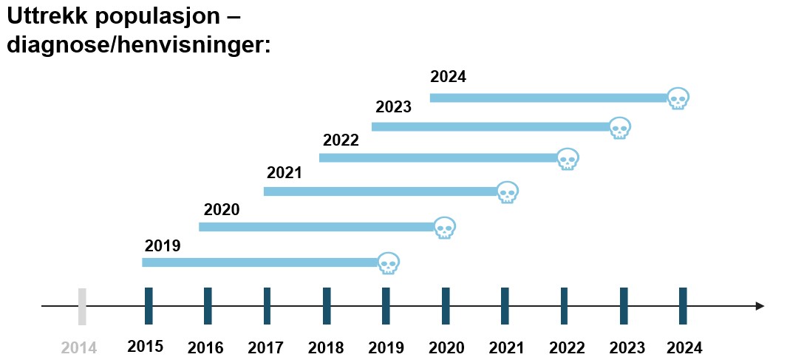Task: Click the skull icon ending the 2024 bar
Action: point(678,98)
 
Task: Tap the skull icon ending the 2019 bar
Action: point(388,263)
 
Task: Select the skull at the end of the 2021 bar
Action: point(507,192)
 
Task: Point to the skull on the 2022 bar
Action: point(567,159)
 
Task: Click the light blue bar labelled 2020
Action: point(316,227)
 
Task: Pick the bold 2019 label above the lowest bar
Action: point(163,245)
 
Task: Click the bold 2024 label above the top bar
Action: point(449,77)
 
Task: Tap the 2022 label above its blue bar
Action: point(341,140)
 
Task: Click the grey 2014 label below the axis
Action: point(79,347)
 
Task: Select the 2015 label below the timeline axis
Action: point(145,347)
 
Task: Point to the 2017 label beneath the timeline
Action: point(265,347)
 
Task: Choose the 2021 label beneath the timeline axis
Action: point(506,347)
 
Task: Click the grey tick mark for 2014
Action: point(82,306)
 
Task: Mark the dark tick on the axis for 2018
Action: point(327,306)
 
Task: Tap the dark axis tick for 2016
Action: point(208,306)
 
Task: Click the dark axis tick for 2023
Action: point(624,306)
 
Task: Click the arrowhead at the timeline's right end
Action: point(759,306)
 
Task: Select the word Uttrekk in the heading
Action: point(47,16)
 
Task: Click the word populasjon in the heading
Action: point(158,17)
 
